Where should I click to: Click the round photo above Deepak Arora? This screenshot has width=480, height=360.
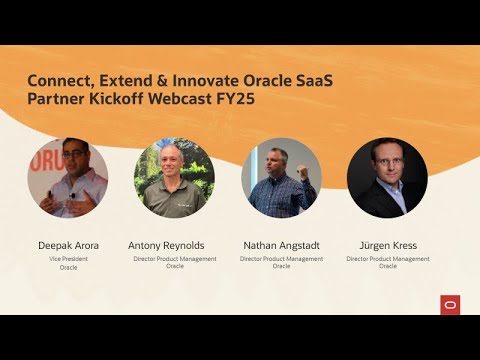(68, 178)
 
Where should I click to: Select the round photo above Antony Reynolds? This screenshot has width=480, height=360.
(175, 178)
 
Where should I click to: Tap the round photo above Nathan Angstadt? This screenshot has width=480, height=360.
(281, 178)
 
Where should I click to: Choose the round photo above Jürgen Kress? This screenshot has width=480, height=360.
(387, 178)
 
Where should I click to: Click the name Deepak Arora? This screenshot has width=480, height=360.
(68, 245)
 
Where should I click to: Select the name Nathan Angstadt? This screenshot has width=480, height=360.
(281, 245)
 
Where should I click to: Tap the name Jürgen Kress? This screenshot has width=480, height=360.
(387, 245)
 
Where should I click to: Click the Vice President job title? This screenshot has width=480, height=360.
(68, 259)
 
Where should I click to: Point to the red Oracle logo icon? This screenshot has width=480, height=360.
(450, 305)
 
